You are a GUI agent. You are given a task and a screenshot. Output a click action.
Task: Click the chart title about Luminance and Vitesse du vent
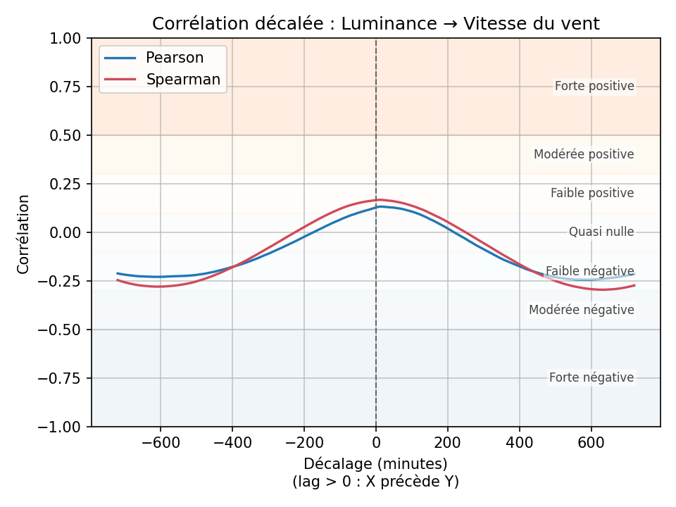pyautogui.click(x=375, y=24)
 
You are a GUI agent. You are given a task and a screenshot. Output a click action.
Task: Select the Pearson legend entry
pyautogui.click(x=174, y=58)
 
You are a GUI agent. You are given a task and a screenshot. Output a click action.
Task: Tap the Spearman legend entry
pyautogui.click(x=182, y=80)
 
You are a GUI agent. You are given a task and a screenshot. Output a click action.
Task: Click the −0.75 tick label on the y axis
pyautogui.click(x=66, y=378)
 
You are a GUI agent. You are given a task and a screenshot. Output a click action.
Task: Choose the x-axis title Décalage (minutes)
pyautogui.click(x=375, y=464)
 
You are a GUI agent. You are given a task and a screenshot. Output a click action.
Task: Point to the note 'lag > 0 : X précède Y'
pyautogui.click(x=375, y=482)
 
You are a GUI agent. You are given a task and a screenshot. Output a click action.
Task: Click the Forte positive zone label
pyautogui.click(x=594, y=87)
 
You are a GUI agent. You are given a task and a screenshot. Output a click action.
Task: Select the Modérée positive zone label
pyautogui.click(x=584, y=154)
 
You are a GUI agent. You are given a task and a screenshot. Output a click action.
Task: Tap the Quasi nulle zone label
pyautogui.click(x=601, y=232)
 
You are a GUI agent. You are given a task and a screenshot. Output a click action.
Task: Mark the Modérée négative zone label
pyautogui.click(x=582, y=310)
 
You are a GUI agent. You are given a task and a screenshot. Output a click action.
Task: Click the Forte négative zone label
pyautogui.click(x=591, y=378)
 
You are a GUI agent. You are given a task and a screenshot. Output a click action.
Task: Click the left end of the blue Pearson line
pyautogui.click(x=118, y=273)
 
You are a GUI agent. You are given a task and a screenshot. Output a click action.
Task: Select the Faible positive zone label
pyautogui.click(x=592, y=193)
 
